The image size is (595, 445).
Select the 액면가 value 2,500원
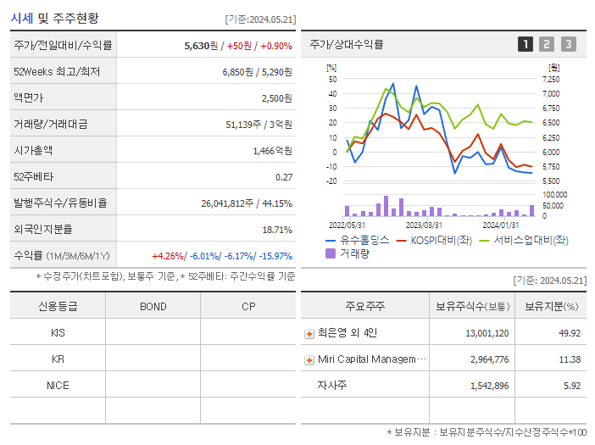click(276, 98)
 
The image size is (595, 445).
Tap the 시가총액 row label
click(34, 151)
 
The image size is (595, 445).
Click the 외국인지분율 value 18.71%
click(277, 230)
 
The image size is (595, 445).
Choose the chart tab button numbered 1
click(525, 44)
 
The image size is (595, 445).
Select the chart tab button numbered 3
click(568, 44)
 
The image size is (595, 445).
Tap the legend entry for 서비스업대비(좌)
click(531, 240)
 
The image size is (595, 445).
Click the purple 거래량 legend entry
click(354, 253)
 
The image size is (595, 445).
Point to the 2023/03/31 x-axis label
click(424, 225)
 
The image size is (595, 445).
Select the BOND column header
click(153, 306)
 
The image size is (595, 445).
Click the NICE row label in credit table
click(58, 385)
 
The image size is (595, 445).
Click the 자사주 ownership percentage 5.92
click(570, 386)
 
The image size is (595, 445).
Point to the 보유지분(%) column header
click(551, 306)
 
